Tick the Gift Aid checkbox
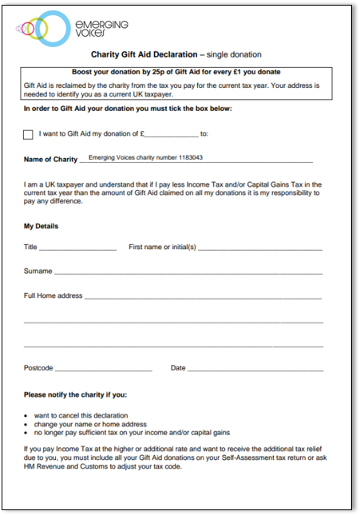click(29, 135)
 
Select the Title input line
click(77, 249)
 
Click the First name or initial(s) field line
click(259, 249)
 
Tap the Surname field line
click(188, 273)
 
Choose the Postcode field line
click(103, 370)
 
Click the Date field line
click(255, 370)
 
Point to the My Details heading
click(41, 226)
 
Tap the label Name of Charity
click(50, 160)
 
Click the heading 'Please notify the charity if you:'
click(75, 395)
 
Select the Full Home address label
click(53, 296)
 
